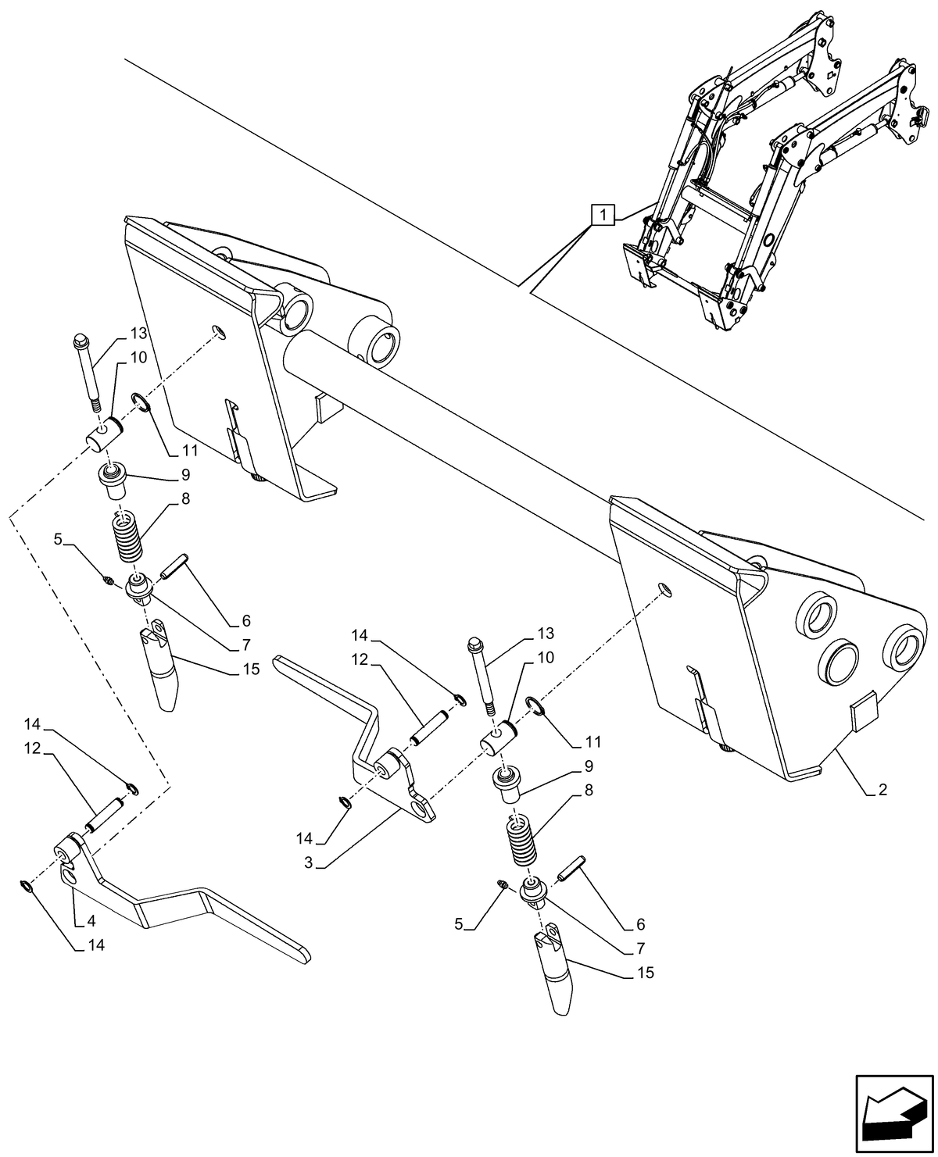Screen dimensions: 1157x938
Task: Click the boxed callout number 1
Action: click(603, 213)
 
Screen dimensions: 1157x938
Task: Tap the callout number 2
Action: click(882, 790)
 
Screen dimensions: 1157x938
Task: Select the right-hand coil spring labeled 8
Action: click(523, 840)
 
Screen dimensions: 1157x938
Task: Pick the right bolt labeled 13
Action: click(480, 677)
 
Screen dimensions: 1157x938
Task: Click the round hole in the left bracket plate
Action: click(220, 334)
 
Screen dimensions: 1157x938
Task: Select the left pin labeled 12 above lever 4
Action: click(103, 813)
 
